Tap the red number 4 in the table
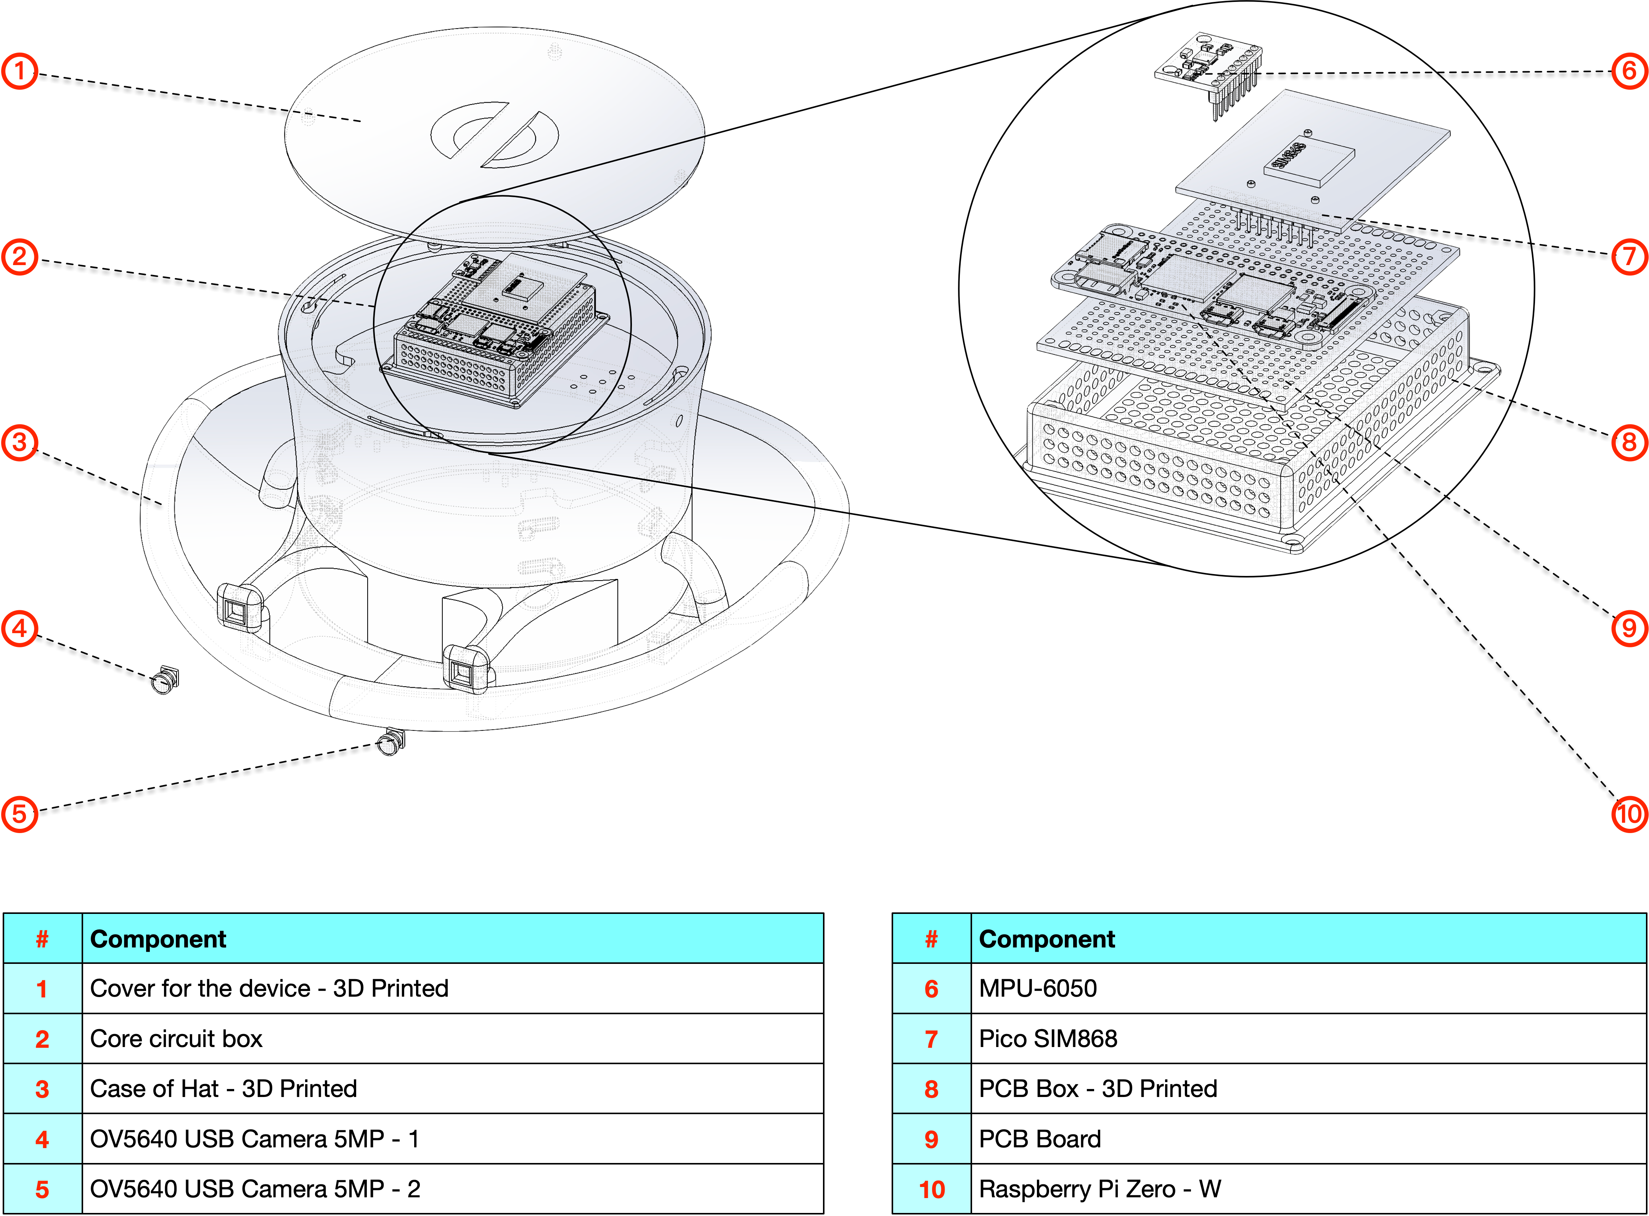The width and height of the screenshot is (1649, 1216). (x=42, y=1139)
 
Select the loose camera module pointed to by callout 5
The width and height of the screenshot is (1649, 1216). (x=391, y=742)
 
